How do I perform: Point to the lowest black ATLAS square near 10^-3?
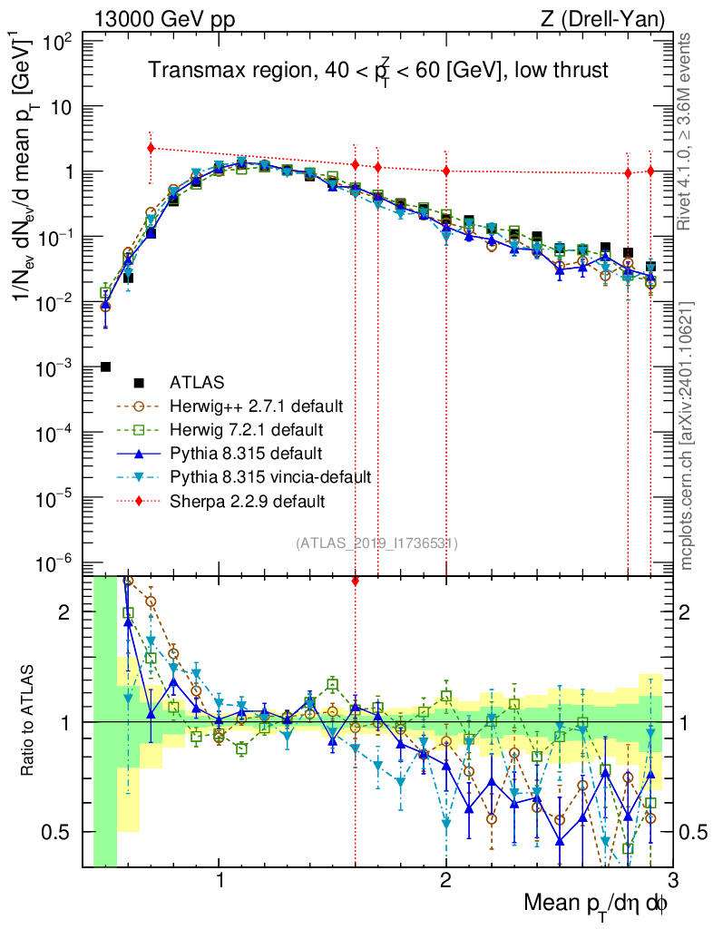pos(105,367)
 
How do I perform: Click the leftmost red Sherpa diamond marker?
pos(151,148)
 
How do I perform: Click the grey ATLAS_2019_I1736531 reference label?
pos(376,543)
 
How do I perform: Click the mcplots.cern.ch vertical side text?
pos(688,435)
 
